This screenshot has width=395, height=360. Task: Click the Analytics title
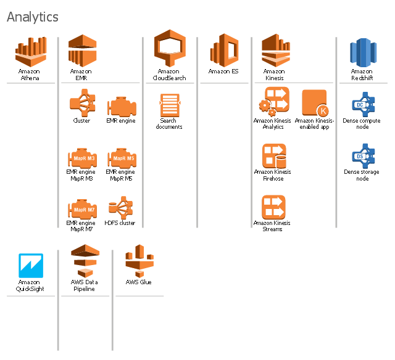coord(33,17)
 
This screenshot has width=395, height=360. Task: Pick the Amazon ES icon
coord(223,49)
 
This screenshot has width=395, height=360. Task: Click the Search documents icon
coord(169,105)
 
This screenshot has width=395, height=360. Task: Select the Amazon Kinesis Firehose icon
coord(273,156)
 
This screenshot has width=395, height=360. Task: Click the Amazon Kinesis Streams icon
coord(273,207)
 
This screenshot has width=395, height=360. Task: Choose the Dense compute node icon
coord(362,105)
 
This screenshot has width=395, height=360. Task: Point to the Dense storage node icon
coord(362,156)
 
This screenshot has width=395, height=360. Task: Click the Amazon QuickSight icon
coord(30,265)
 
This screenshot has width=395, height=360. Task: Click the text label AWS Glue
coord(138,282)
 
